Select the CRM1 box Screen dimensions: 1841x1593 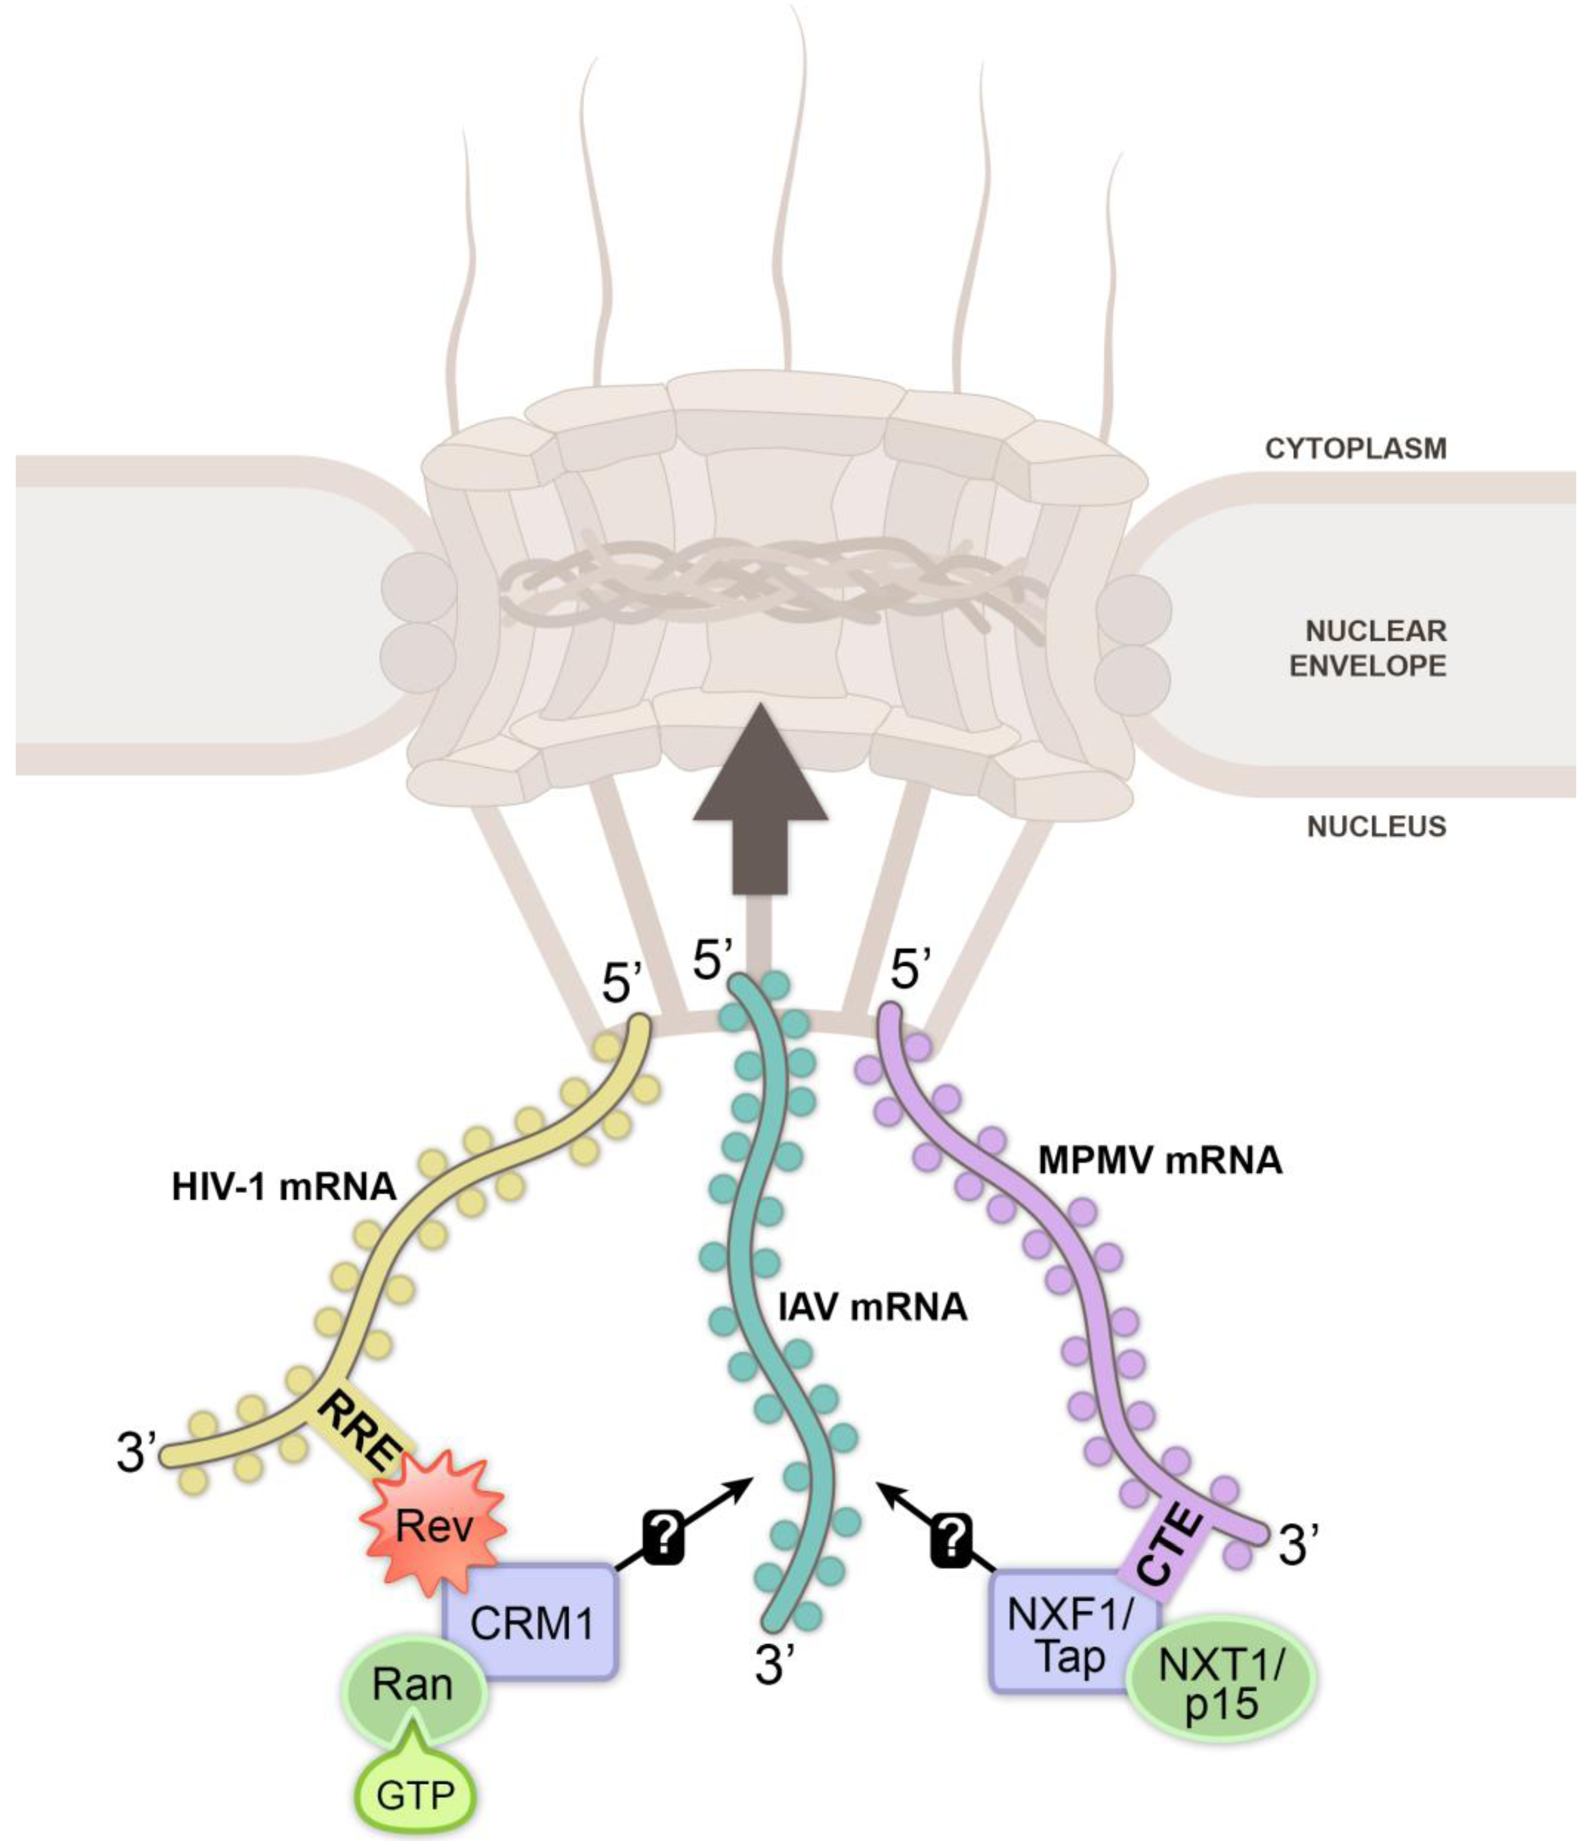click(531, 1623)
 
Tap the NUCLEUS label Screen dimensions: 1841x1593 click(1376, 827)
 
